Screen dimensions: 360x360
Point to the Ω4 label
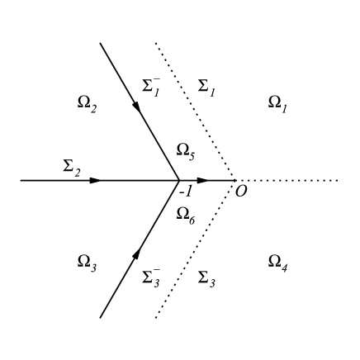(x=277, y=262)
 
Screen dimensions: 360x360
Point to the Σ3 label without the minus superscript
(x=207, y=278)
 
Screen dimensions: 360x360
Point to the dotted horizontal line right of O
(x=289, y=179)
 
